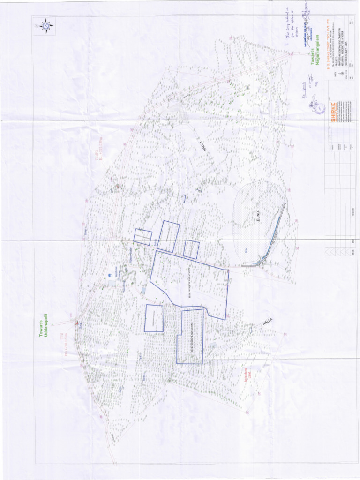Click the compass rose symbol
pyautogui.click(x=46, y=25)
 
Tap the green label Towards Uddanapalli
pyautogui.click(x=44, y=328)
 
